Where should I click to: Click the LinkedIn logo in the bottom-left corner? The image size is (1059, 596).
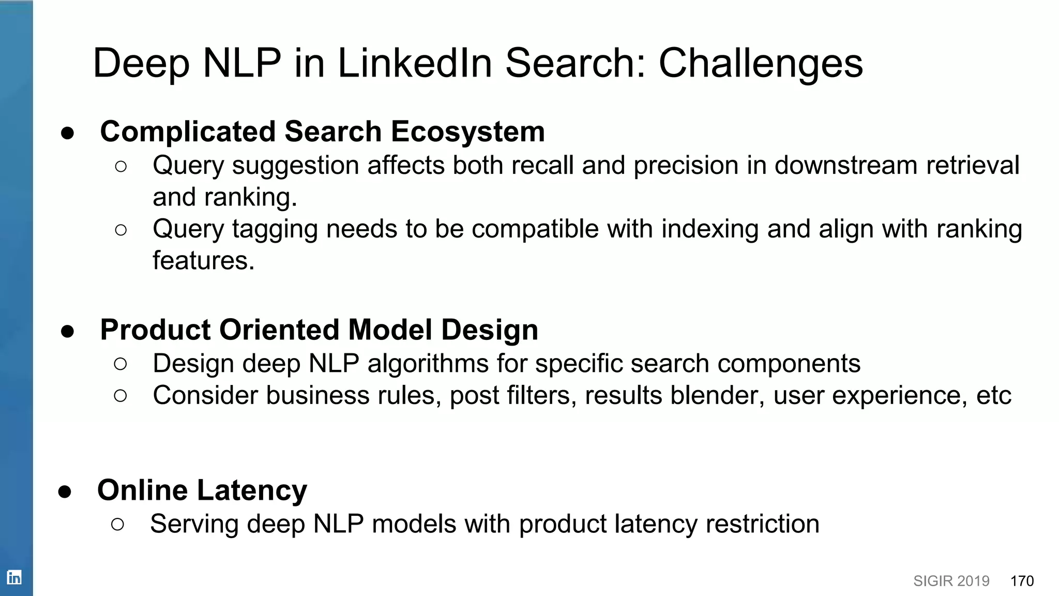point(14,577)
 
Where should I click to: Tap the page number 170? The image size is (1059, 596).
point(1022,581)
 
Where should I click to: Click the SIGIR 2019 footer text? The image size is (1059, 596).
point(951,581)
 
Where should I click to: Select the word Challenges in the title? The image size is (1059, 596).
point(761,63)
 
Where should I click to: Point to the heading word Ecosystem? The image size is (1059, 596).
point(467,131)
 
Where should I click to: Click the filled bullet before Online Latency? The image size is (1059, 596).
point(65,491)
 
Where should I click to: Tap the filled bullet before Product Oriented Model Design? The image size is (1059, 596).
point(67,331)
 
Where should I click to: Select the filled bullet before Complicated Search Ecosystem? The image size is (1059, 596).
point(67,133)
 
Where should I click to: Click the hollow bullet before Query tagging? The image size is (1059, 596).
point(121,230)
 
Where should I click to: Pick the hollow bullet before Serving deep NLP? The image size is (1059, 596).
point(118,525)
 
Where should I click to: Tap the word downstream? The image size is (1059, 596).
point(846,166)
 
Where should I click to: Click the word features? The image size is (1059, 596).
point(203,260)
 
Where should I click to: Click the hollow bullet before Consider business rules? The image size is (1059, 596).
point(120,396)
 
